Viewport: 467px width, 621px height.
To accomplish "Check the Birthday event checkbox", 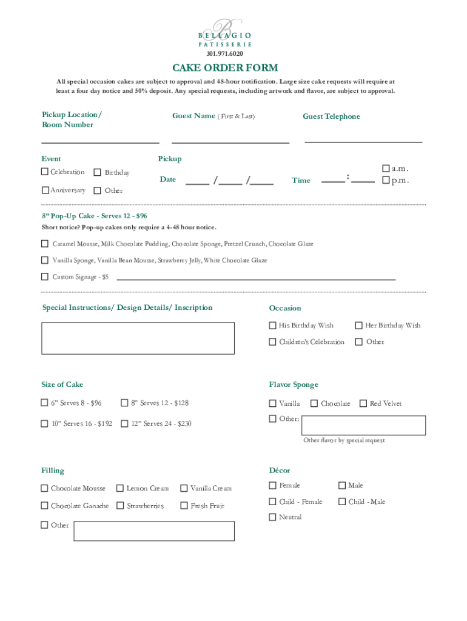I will click(98, 172).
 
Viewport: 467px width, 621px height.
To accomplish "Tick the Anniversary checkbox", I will click(45, 190).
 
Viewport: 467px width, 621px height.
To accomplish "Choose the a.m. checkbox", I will click(386, 168).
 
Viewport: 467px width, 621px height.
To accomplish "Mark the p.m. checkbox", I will click(386, 180).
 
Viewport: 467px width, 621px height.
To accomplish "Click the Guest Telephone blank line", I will click(363, 141).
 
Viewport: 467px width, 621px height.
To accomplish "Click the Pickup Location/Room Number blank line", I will click(100, 142).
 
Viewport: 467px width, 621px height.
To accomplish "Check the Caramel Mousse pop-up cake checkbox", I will click(45, 244).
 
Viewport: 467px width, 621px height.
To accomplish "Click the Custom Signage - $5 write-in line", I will click(255, 278).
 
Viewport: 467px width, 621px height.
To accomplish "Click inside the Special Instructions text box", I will click(138, 338).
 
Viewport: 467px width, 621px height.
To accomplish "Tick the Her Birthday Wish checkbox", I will click(359, 325).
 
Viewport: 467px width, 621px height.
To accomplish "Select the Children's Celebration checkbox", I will click(273, 341).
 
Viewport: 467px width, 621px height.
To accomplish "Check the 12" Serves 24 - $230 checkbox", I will click(124, 423).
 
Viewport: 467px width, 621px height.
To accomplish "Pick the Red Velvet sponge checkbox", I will click(363, 403).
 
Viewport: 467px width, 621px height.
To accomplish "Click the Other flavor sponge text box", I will click(364, 425).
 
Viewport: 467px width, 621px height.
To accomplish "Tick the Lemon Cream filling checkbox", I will click(120, 488).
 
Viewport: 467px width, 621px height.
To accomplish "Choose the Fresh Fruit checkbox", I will click(184, 505).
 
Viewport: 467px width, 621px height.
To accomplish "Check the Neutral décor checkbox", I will click(273, 517).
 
